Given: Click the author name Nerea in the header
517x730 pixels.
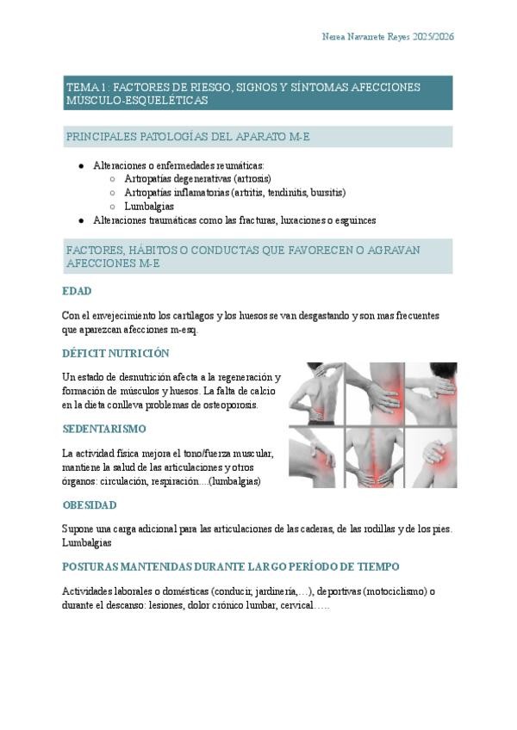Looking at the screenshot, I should point(336,37).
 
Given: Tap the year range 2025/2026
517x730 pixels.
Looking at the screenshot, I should point(433,37).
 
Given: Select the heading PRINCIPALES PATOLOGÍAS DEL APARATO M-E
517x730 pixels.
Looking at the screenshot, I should point(188,137).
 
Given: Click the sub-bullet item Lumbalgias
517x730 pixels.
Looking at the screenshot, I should point(149,206).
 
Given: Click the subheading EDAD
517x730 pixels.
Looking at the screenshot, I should point(78,291).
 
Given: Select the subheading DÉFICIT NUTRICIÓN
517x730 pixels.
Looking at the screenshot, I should point(115,353).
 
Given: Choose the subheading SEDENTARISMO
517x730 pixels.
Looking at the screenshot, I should point(104,429).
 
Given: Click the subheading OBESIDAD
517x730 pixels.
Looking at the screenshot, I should point(89,504).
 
